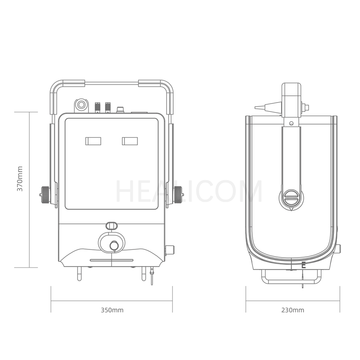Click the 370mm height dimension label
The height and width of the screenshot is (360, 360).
click(x=20, y=179)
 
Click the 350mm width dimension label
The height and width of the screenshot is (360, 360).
click(x=112, y=310)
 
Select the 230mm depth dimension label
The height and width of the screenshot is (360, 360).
click(x=293, y=310)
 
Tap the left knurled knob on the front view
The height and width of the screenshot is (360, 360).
click(x=45, y=195)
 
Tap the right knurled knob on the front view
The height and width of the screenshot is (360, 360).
click(x=178, y=195)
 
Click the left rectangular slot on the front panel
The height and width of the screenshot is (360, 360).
click(x=93, y=141)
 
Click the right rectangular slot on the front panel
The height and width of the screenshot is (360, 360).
click(x=130, y=141)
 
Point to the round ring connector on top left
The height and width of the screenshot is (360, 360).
click(x=81, y=105)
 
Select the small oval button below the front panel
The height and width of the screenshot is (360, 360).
click(x=112, y=226)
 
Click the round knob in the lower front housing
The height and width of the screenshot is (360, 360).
click(x=114, y=246)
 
